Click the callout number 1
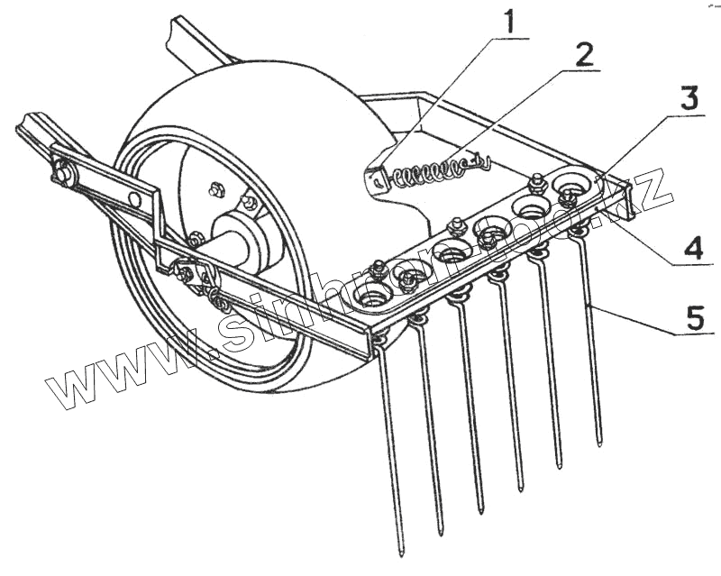(511, 21)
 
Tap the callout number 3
(689, 98)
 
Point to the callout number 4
(691, 248)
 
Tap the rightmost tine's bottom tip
(599, 441)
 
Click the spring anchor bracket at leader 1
(376, 178)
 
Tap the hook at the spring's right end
(485, 161)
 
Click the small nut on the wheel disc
(215, 189)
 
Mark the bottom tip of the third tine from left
(480, 509)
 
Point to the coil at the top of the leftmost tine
(379, 339)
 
